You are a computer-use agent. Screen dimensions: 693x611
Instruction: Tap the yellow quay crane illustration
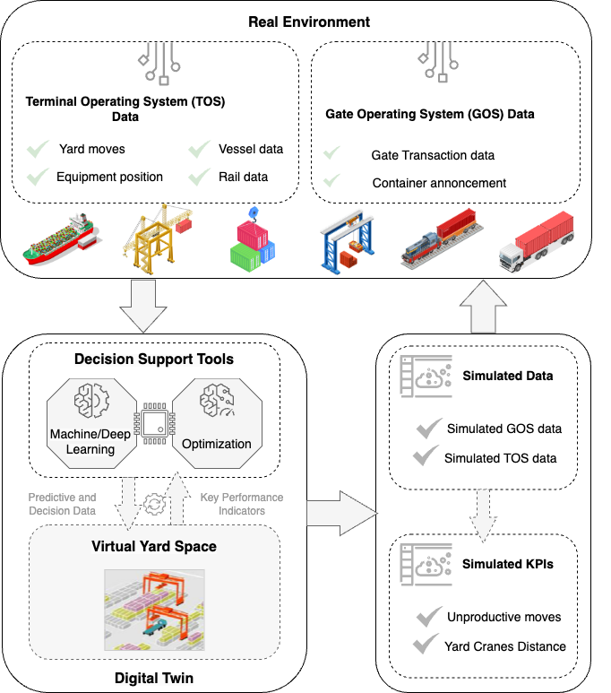159,237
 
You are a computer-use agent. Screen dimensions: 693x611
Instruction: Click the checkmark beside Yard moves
38,149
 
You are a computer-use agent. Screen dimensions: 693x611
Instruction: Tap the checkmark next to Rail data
199,177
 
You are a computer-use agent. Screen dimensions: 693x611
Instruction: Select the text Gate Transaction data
433,155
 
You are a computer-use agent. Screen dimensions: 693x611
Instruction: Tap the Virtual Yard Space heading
154,546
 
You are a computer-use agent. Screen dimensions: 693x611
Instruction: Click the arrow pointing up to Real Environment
486,305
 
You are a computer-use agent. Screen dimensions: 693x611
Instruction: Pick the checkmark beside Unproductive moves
427,617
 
